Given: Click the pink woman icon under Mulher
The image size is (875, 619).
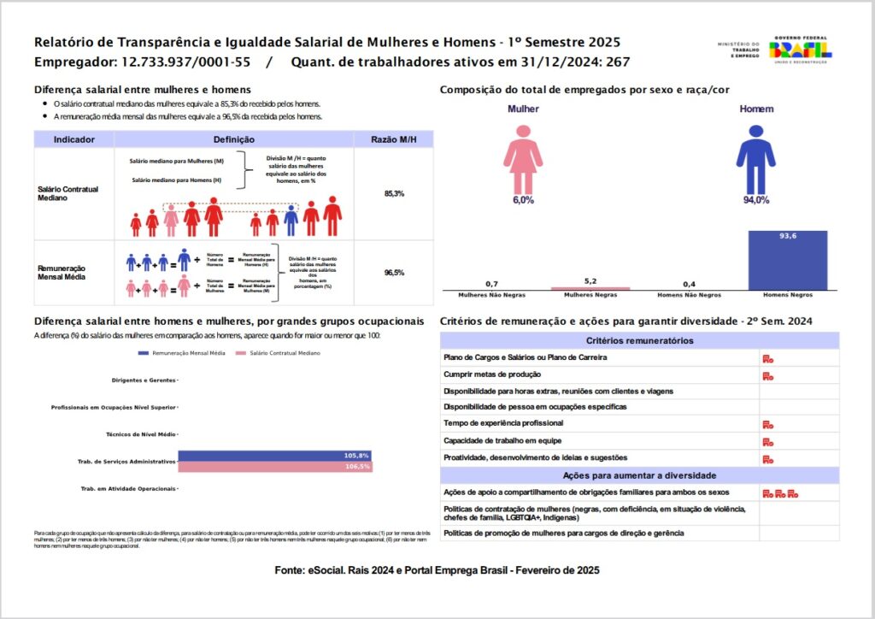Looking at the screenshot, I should pyautogui.click(x=522, y=160).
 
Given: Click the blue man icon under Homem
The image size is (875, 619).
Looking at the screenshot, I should pyautogui.click(x=755, y=160).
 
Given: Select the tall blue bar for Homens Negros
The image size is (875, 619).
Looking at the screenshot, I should pyautogui.click(x=787, y=260).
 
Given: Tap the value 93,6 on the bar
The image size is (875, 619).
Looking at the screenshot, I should pyautogui.click(x=787, y=237).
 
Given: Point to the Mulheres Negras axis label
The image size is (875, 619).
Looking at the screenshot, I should pyautogui.click(x=596, y=295).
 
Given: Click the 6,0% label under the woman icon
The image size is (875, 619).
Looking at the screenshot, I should pyautogui.click(x=523, y=200).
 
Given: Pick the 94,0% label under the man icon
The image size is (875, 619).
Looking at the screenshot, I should pyautogui.click(x=755, y=200).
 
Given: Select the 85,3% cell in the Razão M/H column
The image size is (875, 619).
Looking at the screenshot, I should pyautogui.click(x=394, y=194).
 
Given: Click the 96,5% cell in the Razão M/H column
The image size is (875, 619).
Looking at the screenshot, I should pyautogui.click(x=394, y=273).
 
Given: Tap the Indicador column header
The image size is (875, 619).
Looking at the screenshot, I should pyautogui.click(x=73, y=139).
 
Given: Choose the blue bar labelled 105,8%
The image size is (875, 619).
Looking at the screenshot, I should pyautogui.click(x=274, y=456).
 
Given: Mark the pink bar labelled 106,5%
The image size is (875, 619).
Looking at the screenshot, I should pyautogui.click(x=274, y=467).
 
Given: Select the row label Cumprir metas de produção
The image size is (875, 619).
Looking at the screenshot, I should pyautogui.click(x=491, y=374).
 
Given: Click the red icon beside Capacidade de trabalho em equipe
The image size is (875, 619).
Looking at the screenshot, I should pyautogui.click(x=768, y=441).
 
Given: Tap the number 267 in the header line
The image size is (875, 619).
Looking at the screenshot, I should pyautogui.click(x=618, y=62).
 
